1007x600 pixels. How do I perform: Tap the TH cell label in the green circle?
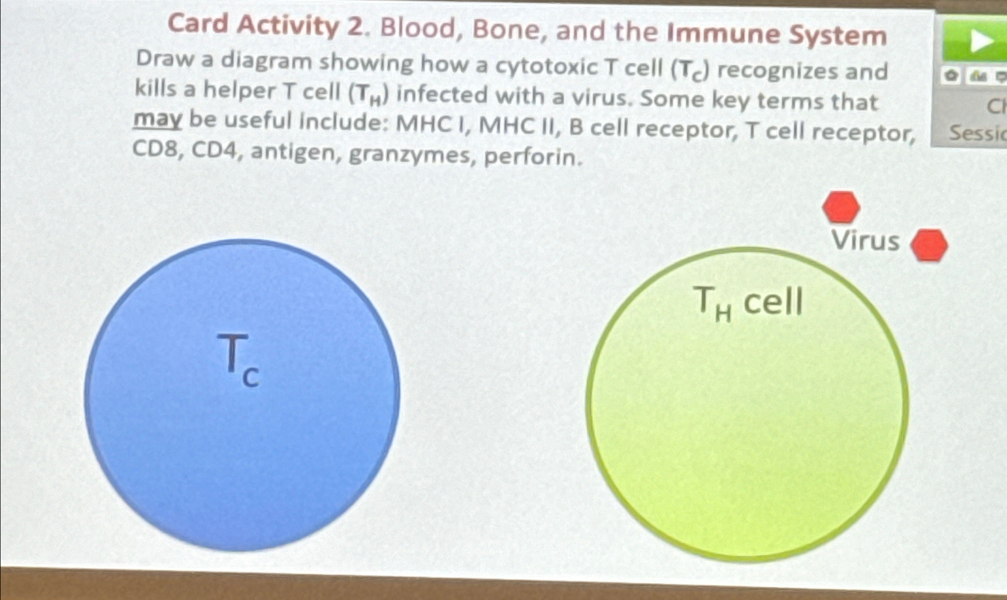pyautogui.click(x=748, y=303)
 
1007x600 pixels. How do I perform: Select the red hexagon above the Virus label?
pyautogui.click(x=841, y=207)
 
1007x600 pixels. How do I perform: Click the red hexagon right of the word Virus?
pyautogui.click(x=929, y=245)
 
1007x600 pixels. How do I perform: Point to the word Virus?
pyautogui.click(x=866, y=241)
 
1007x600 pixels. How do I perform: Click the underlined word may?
pyautogui.click(x=158, y=120)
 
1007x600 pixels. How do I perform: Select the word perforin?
pyautogui.click(x=533, y=157)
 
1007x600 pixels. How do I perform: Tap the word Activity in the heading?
pyautogui.click(x=288, y=25)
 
